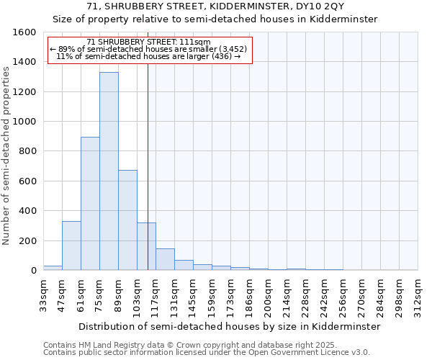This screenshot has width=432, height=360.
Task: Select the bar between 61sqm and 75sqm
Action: (90, 204)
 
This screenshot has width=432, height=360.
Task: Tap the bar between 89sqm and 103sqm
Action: (127, 220)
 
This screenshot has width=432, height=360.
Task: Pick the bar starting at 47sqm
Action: (71, 246)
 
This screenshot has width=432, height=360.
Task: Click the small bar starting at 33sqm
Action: (53, 268)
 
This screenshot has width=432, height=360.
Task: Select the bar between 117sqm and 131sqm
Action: (165, 260)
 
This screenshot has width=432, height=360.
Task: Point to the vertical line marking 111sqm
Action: (148, 166)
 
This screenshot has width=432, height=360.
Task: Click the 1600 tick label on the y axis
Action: (24, 32)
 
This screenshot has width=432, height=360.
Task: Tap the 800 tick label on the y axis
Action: (27, 151)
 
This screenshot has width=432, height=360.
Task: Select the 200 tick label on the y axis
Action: (27, 240)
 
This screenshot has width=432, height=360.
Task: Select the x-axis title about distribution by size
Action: (230, 326)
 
